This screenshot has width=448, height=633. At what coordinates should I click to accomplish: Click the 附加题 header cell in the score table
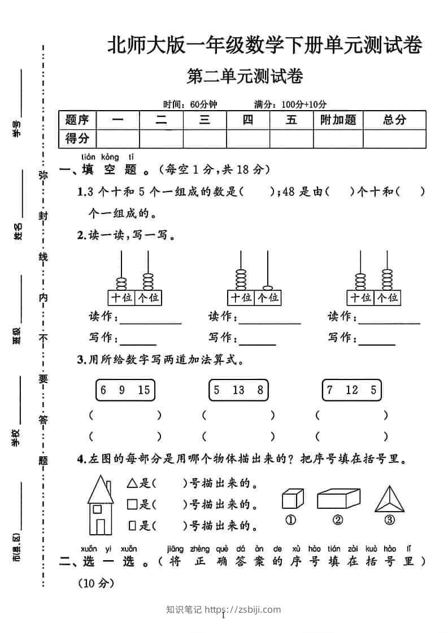338,120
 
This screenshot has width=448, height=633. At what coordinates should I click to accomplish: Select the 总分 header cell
394,120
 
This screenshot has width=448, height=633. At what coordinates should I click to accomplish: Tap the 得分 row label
77,138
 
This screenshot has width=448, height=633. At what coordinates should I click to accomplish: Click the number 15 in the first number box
143,390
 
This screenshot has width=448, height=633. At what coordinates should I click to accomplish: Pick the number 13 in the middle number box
238,390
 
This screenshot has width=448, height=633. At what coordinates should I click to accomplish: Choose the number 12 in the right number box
352,390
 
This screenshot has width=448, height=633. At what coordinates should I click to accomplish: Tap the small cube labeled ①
292,499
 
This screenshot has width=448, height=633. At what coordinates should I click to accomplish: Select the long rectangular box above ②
338,499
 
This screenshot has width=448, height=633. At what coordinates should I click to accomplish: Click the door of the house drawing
100,526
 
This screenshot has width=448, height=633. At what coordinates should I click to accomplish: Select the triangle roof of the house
101,489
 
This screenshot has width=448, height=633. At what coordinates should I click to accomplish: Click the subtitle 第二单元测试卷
245,77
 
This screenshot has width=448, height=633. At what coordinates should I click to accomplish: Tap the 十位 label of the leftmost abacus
120,298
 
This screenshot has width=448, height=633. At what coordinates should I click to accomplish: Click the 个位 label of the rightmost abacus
387,298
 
